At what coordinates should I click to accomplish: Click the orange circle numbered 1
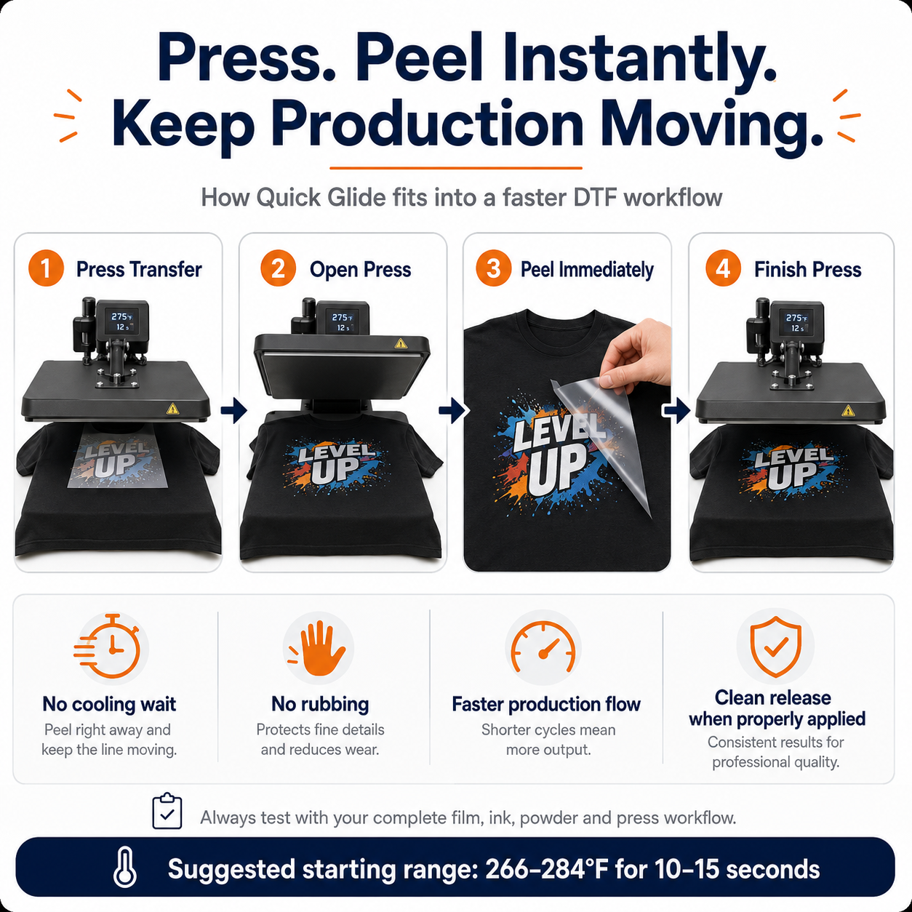click(x=46, y=268)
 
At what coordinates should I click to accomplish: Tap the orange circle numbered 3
click(x=493, y=268)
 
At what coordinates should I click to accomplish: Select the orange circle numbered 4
click(x=723, y=268)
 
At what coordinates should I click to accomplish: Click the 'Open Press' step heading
click(x=360, y=269)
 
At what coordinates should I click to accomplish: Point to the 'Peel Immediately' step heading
click(x=587, y=269)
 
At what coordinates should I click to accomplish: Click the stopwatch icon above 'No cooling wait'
click(x=108, y=647)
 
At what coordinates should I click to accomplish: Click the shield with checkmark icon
click(x=775, y=646)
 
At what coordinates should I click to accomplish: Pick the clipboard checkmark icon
click(x=167, y=811)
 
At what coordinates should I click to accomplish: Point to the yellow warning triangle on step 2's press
click(x=401, y=343)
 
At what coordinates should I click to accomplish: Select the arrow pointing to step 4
click(x=676, y=410)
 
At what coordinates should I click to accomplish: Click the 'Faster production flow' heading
click(x=546, y=704)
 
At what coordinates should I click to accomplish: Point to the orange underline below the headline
click(x=456, y=167)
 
